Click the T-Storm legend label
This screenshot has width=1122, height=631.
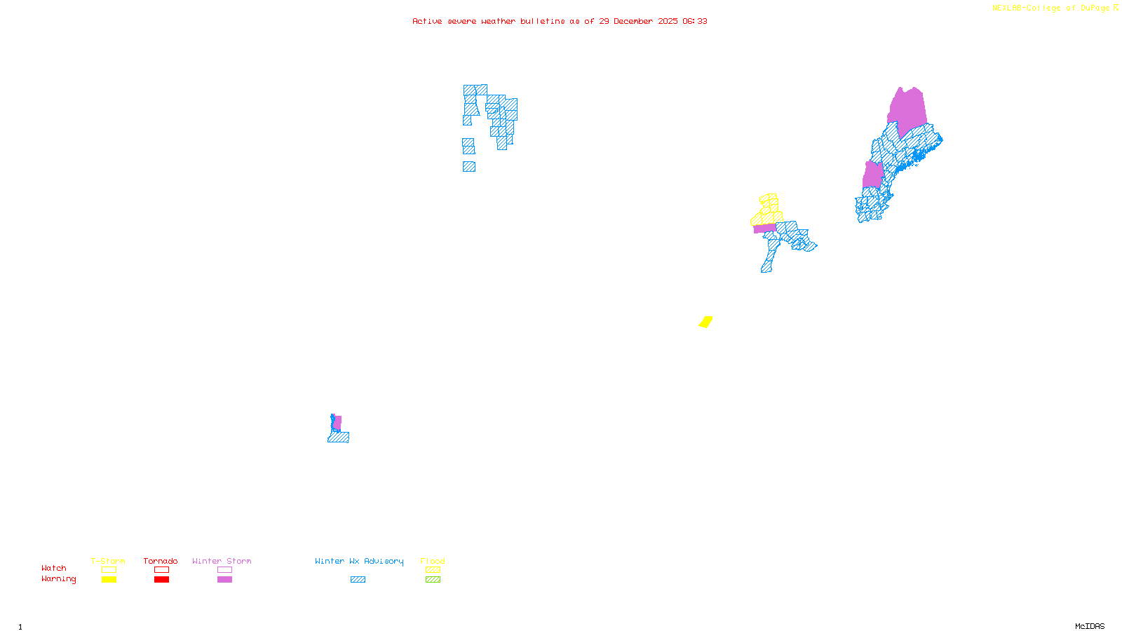(x=108, y=561)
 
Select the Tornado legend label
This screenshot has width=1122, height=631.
(x=161, y=561)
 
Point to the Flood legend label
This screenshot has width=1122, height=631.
(x=433, y=561)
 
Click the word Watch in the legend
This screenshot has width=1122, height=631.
(x=54, y=568)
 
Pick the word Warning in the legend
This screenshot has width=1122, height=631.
(x=58, y=579)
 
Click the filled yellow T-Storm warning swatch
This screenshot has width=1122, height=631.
(x=109, y=580)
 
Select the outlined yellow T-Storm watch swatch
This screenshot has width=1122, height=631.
(x=109, y=570)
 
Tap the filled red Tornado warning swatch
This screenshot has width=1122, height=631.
(x=162, y=580)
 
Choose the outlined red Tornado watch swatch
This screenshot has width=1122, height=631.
(x=162, y=570)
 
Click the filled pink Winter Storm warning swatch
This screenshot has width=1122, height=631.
(x=224, y=580)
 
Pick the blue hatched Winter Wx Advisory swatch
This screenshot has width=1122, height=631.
(x=358, y=580)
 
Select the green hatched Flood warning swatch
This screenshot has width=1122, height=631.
(x=433, y=580)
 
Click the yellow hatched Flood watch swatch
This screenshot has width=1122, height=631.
(x=433, y=570)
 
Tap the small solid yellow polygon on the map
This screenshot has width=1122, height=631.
(x=705, y=322)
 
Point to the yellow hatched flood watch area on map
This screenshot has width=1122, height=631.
(x=769, y=209)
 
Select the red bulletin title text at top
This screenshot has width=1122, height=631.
(x=560, y=21)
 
